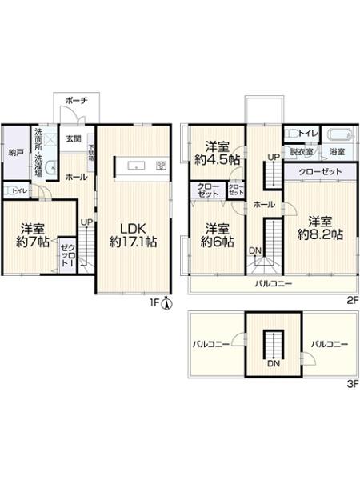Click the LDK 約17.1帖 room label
coord(134,231)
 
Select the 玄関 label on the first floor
coord(71,138)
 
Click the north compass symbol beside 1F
coord(166,302)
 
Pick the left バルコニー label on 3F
coord(211,344)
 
